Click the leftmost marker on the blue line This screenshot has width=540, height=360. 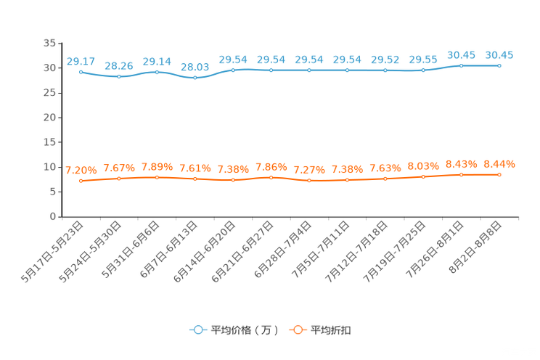(81, 72)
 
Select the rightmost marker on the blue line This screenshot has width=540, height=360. (499, 65)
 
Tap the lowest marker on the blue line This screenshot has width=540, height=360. (195, 77)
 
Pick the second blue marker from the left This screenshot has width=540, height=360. (118, 75)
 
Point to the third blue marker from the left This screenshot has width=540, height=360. (157, 71)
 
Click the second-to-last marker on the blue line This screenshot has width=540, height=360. (461, 65)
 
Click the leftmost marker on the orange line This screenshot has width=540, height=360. (81, 181)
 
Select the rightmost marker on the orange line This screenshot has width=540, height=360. (499, 174)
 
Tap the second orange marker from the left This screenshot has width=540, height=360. (118, 178)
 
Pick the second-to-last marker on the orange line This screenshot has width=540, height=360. (461, 174)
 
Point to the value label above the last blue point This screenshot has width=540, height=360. (499, 54)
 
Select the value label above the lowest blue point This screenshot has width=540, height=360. (195, 67)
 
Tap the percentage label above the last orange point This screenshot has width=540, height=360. (499, 163)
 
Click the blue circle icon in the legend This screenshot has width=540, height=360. (197, 330)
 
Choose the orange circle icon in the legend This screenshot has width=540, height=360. (298, 330)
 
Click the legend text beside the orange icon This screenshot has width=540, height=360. (332, 330)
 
